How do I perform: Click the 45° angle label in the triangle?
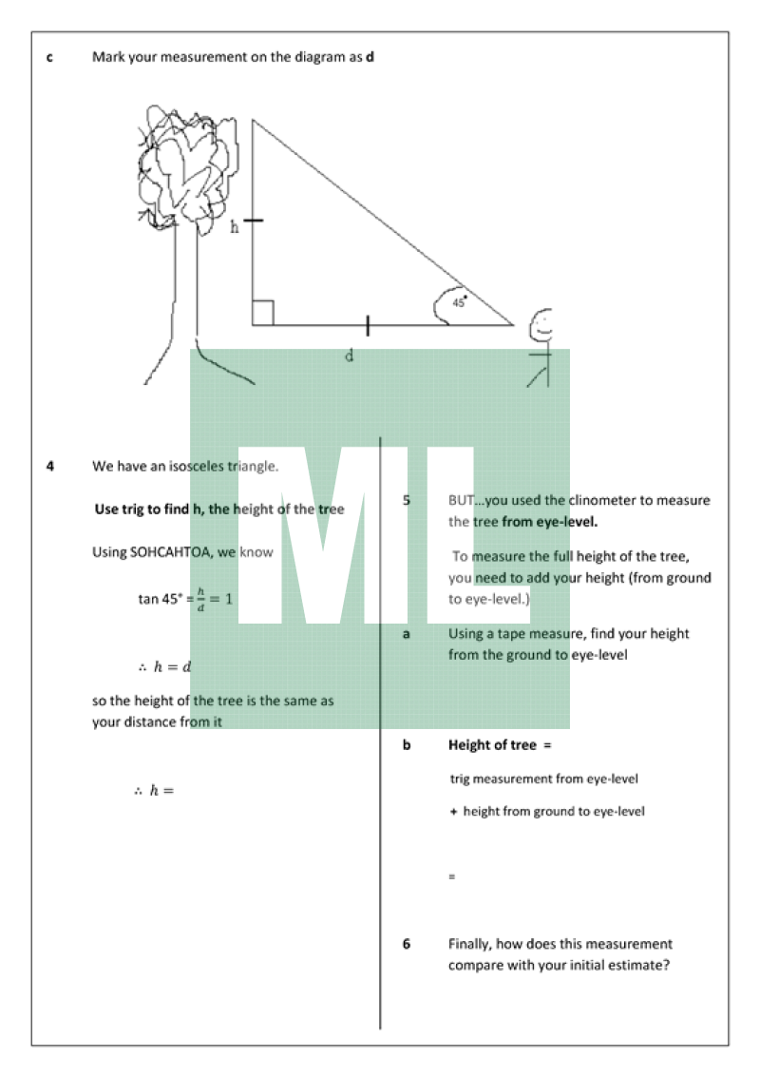click(459, 301)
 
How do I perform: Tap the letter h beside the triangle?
click(235, 226)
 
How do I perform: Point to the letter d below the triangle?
click(349, 356)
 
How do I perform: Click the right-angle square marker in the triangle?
click(263, 313)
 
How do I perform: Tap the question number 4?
click(49, 467)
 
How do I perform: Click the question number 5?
click(407, 500)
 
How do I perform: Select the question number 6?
click(407, 944)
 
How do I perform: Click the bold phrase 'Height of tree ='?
click(500, 745)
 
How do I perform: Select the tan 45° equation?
click(185, 600)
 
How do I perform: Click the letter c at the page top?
click(49, 57)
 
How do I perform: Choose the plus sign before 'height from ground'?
click(453, 812)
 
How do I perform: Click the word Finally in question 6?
click(470, 944)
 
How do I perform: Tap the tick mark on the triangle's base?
click(368, 326)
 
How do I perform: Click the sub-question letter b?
click(407, 745)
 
